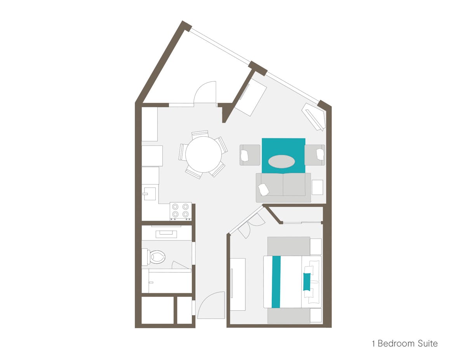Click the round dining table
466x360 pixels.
[x=203, y=154]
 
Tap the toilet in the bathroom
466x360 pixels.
[x=154, y=257]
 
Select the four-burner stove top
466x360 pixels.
[x=181, y=211]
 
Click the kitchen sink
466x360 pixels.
[x=150, y=194]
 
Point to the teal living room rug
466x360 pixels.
[x=283, y=156]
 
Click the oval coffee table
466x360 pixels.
[x=282, y=161]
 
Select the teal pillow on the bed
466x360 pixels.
[x=307, y=282]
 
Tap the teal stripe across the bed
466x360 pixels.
[x=276, y=282]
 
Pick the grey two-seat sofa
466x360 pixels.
[x=283, y=188]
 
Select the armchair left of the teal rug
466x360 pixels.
[x=250, y=155]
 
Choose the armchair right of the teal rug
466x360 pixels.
[x=315, y=155]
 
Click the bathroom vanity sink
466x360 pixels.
[x=166, y=234]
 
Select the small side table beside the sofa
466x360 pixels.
[x=317, y=187]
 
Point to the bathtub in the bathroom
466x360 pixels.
[x=167, y=281]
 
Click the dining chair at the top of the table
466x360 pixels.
[x=200, y=133]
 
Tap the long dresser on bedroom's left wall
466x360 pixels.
[x=238, y=284]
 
